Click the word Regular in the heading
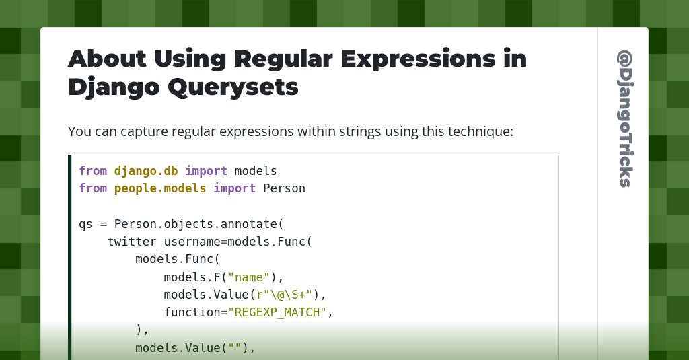(283, 59)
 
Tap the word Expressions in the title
(418, 59)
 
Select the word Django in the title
(113, 87)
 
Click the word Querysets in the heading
(233, 87)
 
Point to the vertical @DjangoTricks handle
(624, 118)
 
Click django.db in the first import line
(146, 171)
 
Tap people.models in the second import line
(160, 188)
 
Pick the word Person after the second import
(284, 188)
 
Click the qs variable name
(85, 225)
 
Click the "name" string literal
(249, 277)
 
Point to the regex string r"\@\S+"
(285, 295)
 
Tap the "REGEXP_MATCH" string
(277, 312)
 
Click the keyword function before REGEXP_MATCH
(192, 312)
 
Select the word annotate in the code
(249, 224)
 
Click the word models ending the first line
(256, 171)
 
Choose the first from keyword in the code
(93, 171)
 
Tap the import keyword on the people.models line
(234, 188)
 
